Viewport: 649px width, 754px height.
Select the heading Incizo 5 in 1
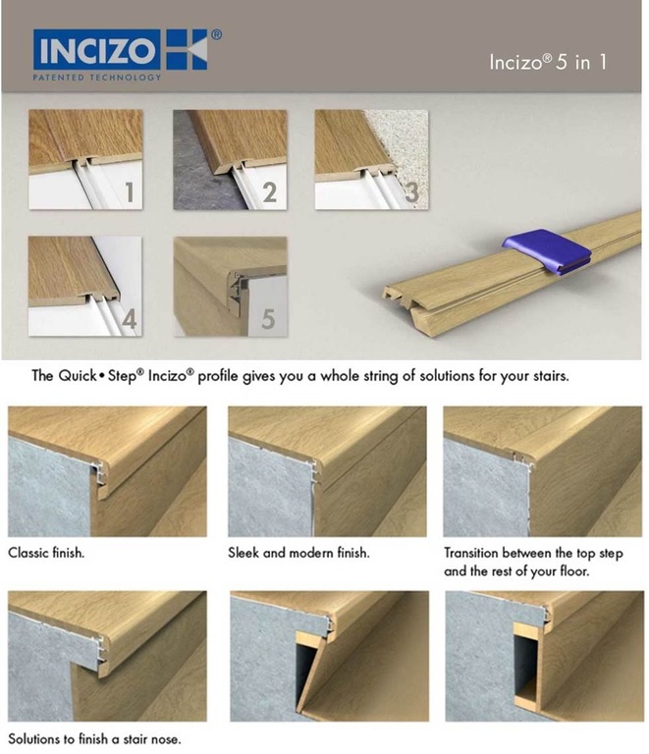548,62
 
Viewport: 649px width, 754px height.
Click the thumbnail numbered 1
85,159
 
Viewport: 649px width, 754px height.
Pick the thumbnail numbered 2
230,159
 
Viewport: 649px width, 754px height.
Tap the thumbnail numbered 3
372,159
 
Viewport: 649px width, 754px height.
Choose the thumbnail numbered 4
85,286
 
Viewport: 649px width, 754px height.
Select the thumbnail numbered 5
230,286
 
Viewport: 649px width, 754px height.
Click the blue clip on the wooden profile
546,252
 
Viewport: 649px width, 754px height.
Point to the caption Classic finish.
46,553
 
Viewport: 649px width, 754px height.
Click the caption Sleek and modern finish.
298,553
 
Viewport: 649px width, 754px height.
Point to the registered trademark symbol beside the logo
216,35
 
